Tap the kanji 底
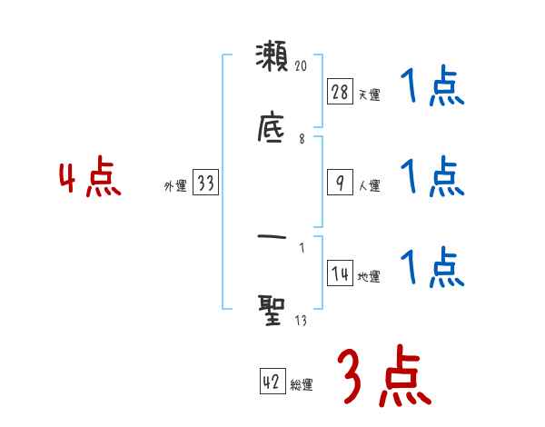click(x=272, y=128)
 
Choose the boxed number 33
click(x=205, y=183)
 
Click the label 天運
click(x=368, y=94)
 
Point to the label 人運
click(x=368, y=186)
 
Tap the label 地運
click(x=368, y=277)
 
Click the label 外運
click(x=174, y=186)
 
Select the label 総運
click(x=301, y=385)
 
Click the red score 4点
click(x=90, y=179)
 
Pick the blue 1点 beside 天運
click(x=432, y=89)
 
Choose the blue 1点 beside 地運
click(x=432, y=268)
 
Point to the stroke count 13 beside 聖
click(x=301, y=320)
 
